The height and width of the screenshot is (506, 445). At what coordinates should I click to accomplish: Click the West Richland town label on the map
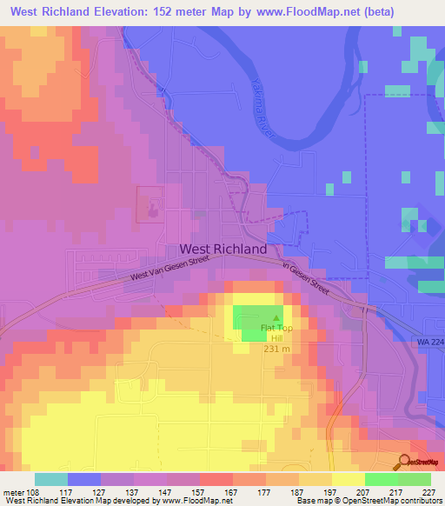click(222, 249)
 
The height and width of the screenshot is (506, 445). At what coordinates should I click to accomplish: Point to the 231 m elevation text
click(277, 349)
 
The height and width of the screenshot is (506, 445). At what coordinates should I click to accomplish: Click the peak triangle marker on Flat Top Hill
click(277, 318)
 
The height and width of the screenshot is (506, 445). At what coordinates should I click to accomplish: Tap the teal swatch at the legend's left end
click(51, 479)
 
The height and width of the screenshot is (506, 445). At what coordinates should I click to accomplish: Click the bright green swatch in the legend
click(382, 479)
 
